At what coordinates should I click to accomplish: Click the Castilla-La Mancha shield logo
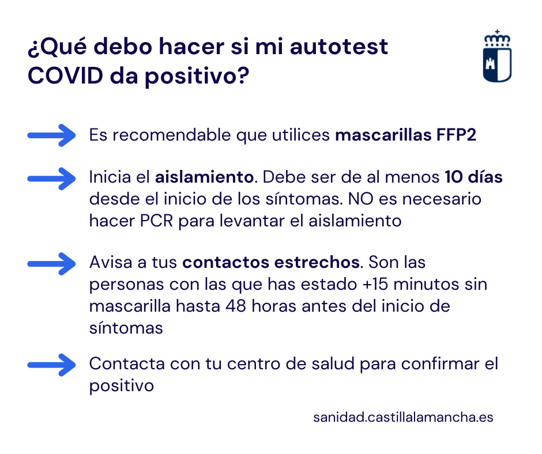point(497,56)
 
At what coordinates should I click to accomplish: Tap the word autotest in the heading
point(339,47)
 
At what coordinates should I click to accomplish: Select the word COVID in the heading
point(65,75)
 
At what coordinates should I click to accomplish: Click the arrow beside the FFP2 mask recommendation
point(51,135)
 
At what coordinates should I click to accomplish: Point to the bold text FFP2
point(456,135)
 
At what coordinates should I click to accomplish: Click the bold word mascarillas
point(383,135)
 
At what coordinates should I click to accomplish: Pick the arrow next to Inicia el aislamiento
point(51,179)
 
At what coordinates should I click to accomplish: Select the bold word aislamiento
point(204,177)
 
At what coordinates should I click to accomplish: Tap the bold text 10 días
point(473,177)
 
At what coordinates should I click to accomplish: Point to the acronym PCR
point(156,221)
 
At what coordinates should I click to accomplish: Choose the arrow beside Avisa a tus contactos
point(51,264)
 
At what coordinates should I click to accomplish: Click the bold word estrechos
point(317,262)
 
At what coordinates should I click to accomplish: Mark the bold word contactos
point(225,262)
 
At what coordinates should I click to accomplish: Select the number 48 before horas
point(236,306)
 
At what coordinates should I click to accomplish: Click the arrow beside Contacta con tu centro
point(51,365)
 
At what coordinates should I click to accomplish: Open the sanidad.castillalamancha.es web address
point(403,417)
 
